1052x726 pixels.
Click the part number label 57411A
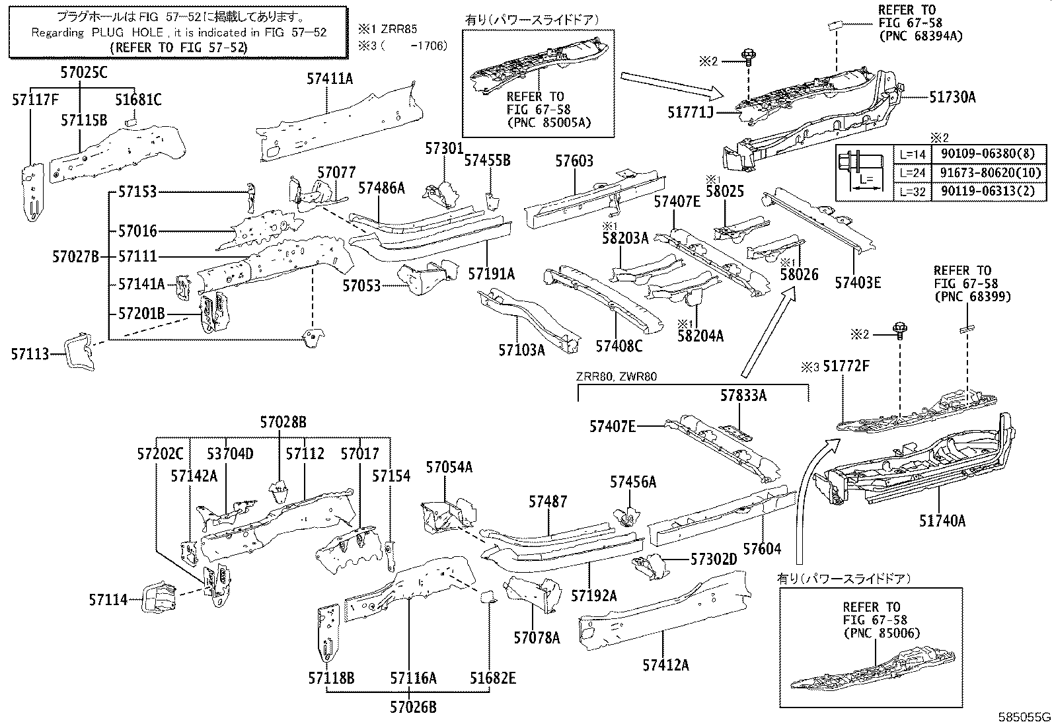pos(330,79)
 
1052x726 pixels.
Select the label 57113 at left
pos(30,355)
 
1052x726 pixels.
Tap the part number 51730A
pos(952,97)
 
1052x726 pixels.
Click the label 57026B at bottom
pos(412,708)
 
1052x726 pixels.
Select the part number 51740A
pos(942,521)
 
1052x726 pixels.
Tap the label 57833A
pos(743,396)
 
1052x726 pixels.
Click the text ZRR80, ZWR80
pos(617,377)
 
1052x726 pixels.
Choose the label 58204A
pos(700,336)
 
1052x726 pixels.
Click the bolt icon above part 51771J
pos(749,57)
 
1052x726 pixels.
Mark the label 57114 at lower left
pos(108,599)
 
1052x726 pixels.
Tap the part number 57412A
pos(665,665)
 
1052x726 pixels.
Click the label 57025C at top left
pos(82,73)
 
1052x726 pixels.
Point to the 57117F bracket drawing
pos(31,192)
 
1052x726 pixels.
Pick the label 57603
pos(574,161)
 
